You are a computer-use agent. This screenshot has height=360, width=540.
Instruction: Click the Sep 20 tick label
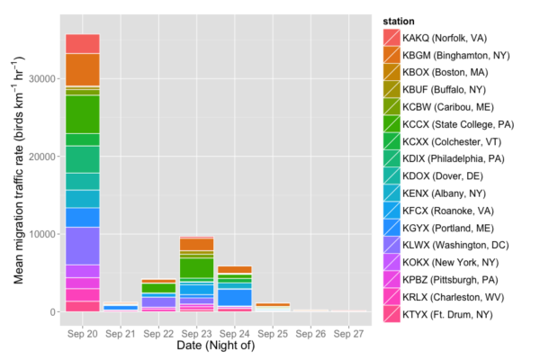pos(82,332)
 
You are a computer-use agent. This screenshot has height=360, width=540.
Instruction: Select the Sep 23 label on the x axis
pos(196,332)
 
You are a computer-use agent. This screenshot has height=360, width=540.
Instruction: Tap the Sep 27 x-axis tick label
pos(348,332)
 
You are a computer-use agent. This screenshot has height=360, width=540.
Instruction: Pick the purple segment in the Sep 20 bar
pos(82,245)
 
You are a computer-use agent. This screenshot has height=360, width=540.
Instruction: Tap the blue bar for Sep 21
pos(120,307)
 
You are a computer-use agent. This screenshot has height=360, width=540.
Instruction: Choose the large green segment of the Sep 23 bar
pos(196,267)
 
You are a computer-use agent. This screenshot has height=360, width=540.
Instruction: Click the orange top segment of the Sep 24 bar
pos(234,269)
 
